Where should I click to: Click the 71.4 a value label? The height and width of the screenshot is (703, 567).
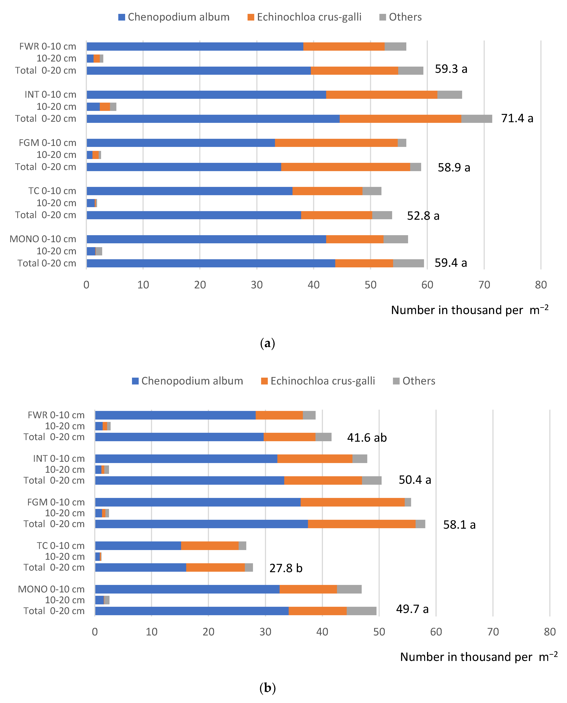coord(517,118)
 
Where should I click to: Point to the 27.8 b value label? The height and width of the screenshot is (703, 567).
coord(286,568)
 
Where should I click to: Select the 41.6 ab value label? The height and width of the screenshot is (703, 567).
coord(367,438)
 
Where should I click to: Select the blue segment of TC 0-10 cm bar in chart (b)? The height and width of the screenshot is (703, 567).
coord(138,546)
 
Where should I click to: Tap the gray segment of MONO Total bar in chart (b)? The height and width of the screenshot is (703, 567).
coord(362,611)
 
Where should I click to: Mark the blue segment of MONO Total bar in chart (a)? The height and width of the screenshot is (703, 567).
coord(211,263)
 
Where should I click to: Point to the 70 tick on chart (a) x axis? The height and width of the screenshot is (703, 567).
coord(484,285)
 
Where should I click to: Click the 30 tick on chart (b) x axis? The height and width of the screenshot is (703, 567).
coord(265,632)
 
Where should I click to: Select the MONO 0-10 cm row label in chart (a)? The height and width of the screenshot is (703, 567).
coord(43,239)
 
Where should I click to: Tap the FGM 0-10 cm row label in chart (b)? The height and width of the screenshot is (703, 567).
coord(56,502)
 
